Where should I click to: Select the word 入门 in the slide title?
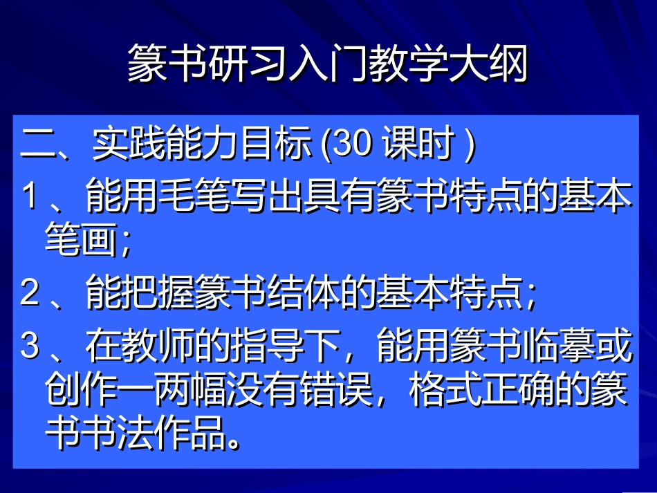click(x=328, y=65)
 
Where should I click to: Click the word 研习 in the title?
click(x=248, y=65)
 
